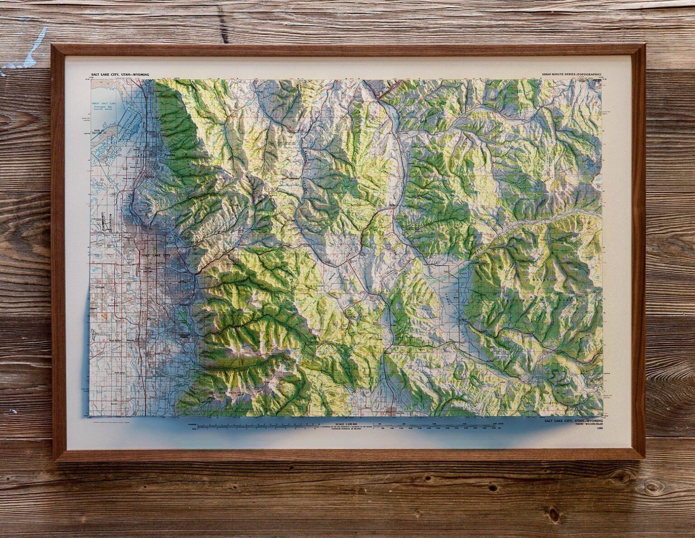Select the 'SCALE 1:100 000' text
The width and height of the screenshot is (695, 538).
(343, 424)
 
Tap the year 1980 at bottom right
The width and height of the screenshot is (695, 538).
(600, 428)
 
